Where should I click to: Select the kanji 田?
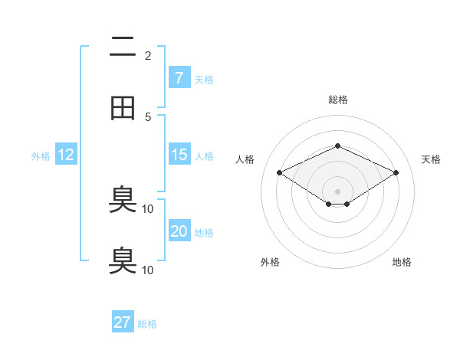pos(123,108)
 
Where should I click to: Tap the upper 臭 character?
pos(123,201)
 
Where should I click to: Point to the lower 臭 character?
pos(123,260)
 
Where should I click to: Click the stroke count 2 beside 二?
pos(148,56)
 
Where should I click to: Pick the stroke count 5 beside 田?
pos(148,116)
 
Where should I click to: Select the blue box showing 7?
pos(179,77)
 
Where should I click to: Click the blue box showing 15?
pos(179,155)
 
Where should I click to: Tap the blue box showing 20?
pos(179,231)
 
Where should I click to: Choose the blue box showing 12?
pos(65,155)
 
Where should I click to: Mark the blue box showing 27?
pos(123,322)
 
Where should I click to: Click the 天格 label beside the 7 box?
pos(204,79)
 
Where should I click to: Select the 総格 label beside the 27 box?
pos(147,324)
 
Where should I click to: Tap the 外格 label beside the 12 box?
pos(41,156)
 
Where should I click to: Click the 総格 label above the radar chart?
pos(337,100)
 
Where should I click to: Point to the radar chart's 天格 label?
pos(431,159)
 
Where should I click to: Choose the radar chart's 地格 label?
pos(402,262)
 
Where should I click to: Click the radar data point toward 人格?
pos(280,173)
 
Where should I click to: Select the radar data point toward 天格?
pos(396,173)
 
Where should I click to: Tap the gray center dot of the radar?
pos(337,191)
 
